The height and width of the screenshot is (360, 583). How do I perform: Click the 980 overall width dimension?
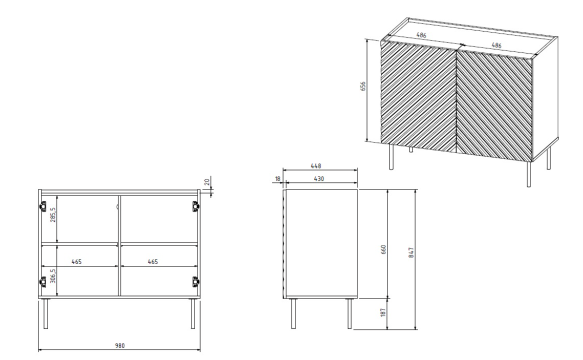click(x=120, y=346)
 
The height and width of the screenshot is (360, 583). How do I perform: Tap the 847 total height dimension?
click(x=411, y=252)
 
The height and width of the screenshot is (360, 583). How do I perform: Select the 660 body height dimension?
click(x=384, y=249)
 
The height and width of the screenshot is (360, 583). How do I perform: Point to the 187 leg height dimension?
click(x=383, y=313)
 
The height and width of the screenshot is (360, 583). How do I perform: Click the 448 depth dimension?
click(x=316, y=166)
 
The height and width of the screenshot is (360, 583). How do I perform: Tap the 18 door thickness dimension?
click(x=277, y=178)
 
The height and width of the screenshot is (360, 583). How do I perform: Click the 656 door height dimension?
click(x=363, y=86)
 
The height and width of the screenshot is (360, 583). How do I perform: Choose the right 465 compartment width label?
click(x=153, y=262)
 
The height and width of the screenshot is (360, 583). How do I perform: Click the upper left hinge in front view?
click(x=42, y=206)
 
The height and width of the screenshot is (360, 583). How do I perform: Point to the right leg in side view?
click(x=350, y=313)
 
